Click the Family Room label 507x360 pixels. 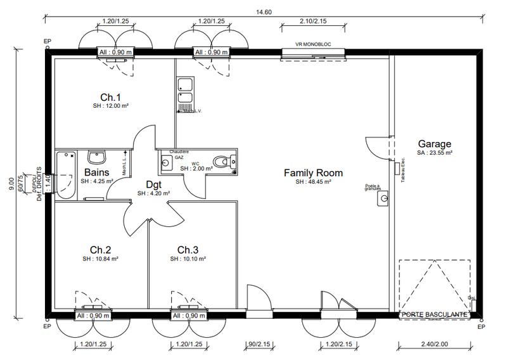coord(313,172)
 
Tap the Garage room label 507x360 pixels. coord(434,143)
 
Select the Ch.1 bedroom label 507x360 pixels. coord(110,97)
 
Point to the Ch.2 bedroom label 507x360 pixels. coord(101,249)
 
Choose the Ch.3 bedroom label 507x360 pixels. coord(188,249)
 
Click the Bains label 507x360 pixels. coord(96,172)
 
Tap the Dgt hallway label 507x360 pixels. coord(153,184)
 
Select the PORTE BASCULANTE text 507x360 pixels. coord(434,314)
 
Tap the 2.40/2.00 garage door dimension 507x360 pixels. coord(434,345)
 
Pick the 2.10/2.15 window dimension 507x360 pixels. coord(313,22)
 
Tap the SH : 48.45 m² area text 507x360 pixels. coord(313,182)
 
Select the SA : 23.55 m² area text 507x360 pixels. coord(434,153)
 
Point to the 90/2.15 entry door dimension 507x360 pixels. coord(259,345)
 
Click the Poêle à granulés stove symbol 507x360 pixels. coord(382,199)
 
